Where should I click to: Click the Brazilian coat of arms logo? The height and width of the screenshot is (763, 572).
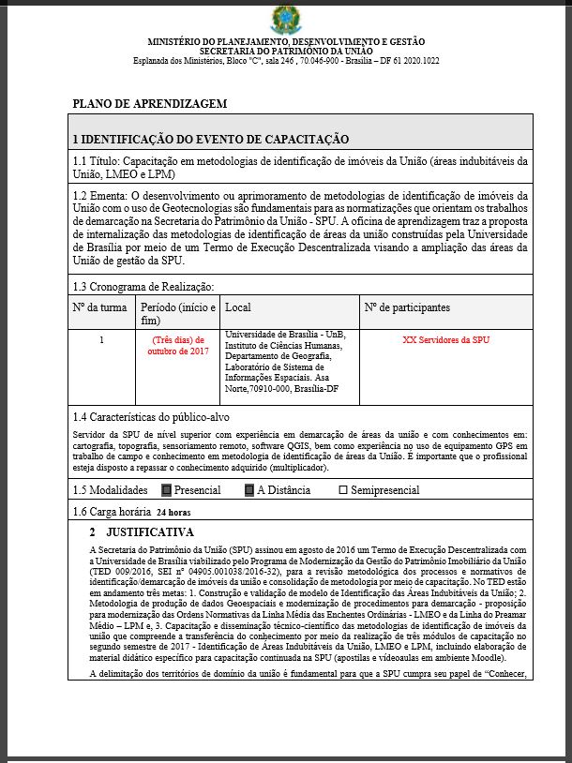[x=285, y=19]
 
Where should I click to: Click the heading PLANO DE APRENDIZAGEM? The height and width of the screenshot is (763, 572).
[x=149, y=103]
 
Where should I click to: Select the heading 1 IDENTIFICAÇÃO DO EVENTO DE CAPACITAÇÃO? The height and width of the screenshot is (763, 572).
[x=211, y=139]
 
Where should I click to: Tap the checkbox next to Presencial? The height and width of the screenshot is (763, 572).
[x=167, y=490]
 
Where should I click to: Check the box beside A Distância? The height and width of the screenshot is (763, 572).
[x=249, y=490]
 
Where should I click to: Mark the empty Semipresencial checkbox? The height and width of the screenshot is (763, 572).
[x=342, y=490]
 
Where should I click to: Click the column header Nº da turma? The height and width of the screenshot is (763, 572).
[x=100, y=307]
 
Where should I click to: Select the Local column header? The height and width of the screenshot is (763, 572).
[x=238, y=307]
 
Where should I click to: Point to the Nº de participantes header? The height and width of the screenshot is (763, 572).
[x=406, y=307]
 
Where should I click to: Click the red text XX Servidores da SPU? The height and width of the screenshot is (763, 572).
[x=445, y=339]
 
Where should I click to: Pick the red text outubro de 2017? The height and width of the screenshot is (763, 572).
[x=177, y=351]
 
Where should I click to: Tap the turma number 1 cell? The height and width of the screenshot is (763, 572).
[x=101, y=339]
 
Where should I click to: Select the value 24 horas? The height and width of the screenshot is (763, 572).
[x=173, y=514]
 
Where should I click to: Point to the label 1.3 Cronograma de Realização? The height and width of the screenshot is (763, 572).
[x=143, y=287]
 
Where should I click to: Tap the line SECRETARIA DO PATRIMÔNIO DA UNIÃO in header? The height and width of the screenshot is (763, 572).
[x=285, y=52]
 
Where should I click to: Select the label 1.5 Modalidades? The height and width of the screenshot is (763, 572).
[x=111, y=490]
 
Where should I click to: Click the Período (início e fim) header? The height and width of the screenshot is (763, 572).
[x=177, y=313]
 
